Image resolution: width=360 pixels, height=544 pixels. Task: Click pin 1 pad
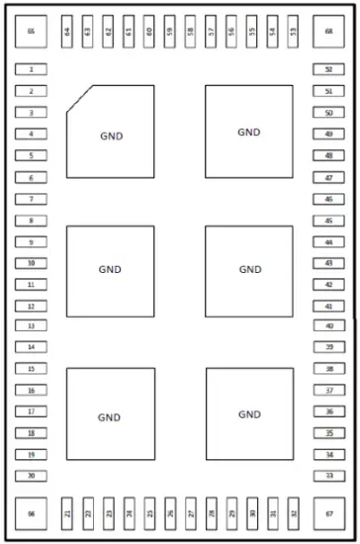coord(32,70)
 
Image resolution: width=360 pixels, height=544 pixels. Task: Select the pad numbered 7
coord(32,199)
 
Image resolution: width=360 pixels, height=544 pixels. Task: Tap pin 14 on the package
coord(32,347)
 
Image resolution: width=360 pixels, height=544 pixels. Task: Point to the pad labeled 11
coord(32,285)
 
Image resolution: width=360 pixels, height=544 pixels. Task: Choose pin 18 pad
coord(32,433)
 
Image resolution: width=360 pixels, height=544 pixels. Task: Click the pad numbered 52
coord(328,70)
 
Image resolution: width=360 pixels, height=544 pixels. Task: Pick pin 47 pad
coord(328,177)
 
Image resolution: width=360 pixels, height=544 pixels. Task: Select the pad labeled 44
coord(328,242)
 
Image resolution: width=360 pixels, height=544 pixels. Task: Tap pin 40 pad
coord(328,325)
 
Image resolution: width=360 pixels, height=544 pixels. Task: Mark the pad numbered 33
coord(328,476)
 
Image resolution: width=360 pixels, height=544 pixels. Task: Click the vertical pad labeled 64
coord(67,32)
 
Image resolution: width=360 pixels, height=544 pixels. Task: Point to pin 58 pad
coord(190,32)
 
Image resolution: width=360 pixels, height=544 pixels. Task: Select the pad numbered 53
coord(293,32)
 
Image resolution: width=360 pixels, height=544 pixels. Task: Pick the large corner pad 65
coord(31,32)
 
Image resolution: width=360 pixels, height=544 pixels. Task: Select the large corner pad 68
coord(328,32)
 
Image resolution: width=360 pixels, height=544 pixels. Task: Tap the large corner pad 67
coord(328,513)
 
